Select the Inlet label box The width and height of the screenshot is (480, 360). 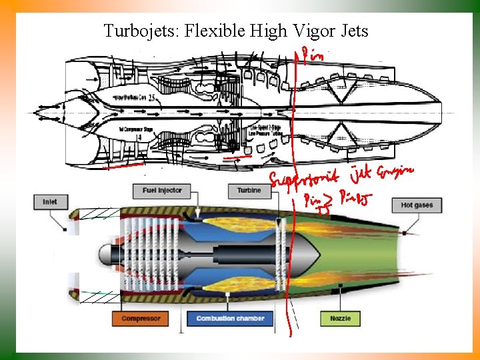click(x=50, y=201)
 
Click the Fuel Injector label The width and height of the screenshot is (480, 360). click(x=162, y=191)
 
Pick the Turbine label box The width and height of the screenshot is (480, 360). click(x=249, y=191)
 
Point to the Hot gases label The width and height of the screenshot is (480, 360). click(x=417, y=205)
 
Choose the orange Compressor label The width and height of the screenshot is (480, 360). click(x=141, y=319)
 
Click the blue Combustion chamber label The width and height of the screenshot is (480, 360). click(x=230, y=319)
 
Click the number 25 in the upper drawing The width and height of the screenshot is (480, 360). click(x=153, y=98)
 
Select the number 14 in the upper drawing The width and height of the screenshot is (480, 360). click(x=139, y=137)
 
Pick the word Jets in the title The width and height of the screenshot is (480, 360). click(x=355, y=31)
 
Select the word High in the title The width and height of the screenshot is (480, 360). click(x=269, y=31)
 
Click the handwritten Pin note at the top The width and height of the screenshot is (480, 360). click(x=311, y=55)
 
